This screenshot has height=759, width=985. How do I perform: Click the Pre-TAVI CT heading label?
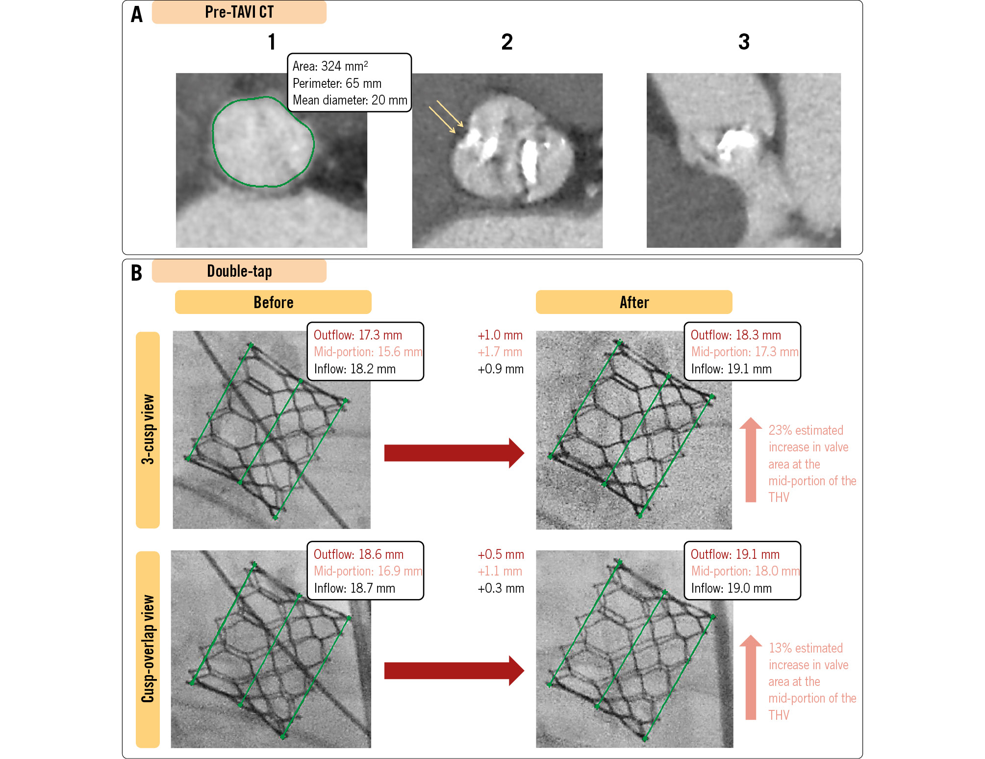(239, 12)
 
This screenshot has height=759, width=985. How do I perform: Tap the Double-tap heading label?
(239, 271)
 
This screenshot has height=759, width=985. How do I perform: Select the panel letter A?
(137, 15)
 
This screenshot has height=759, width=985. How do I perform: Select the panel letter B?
(137, 273)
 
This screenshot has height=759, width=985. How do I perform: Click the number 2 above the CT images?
(507, 42)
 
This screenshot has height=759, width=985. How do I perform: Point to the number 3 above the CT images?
(744, 42)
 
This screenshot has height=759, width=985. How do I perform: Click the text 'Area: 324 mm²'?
(330, 66)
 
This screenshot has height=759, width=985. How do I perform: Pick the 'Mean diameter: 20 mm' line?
(350, 100)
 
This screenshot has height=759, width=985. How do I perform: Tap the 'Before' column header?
(273, 302)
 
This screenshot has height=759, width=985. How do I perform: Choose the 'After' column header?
(634, 302)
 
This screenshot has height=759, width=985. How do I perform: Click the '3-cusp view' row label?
(148, 429)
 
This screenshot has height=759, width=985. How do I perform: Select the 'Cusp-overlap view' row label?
(148, 649)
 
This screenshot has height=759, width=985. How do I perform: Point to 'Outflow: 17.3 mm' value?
(357, 335)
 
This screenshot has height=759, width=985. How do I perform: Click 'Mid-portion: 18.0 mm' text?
(745, 571)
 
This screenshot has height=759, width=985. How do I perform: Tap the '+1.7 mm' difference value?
(500, 352)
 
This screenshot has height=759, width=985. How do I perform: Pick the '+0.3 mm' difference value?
(501, 588)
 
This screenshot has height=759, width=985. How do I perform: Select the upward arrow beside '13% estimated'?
(751, 677)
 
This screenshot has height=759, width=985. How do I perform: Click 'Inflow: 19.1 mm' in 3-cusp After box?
(731, 369)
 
